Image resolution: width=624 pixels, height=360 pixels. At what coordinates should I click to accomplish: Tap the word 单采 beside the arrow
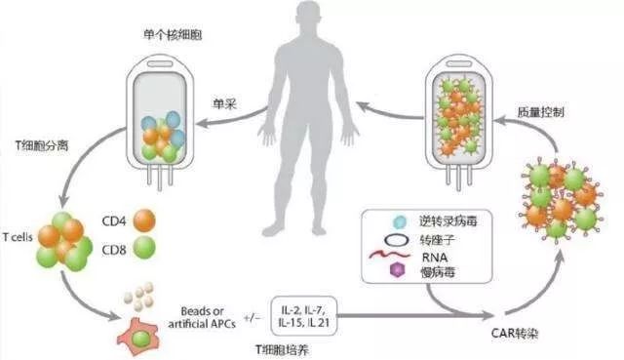[x=226, y=101]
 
